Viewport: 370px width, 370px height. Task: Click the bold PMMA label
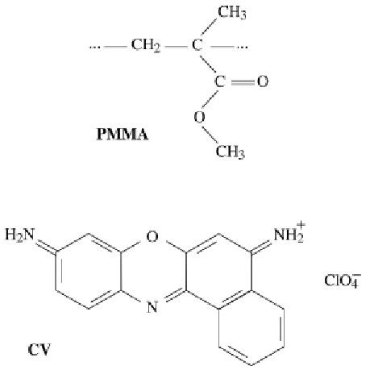(123, 134)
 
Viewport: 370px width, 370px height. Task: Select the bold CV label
(39, 350)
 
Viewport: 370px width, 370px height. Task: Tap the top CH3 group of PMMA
(231, 13)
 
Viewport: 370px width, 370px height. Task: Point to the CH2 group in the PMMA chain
(146, 45)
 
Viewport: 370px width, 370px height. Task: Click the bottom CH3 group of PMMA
(231, 152)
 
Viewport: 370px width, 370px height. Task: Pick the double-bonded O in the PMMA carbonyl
(263, 81)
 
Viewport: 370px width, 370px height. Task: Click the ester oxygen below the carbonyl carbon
(199, 117)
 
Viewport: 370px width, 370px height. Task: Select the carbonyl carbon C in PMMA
(219, 81)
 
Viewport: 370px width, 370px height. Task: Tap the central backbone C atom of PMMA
(197, 45)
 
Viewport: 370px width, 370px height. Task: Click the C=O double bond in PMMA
(243, 82)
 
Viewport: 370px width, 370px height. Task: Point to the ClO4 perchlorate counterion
(343, 281)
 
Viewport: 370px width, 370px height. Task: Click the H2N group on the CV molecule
(20, 235)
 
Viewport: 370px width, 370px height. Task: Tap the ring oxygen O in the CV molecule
(152, 237)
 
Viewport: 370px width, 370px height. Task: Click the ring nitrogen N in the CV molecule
(152, 307)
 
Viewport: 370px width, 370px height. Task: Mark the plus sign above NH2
(301, 225)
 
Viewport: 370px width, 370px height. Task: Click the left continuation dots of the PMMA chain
(95, 48)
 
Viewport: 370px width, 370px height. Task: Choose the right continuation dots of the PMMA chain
(242, 48)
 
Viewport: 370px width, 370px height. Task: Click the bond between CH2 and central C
(176, 47)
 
